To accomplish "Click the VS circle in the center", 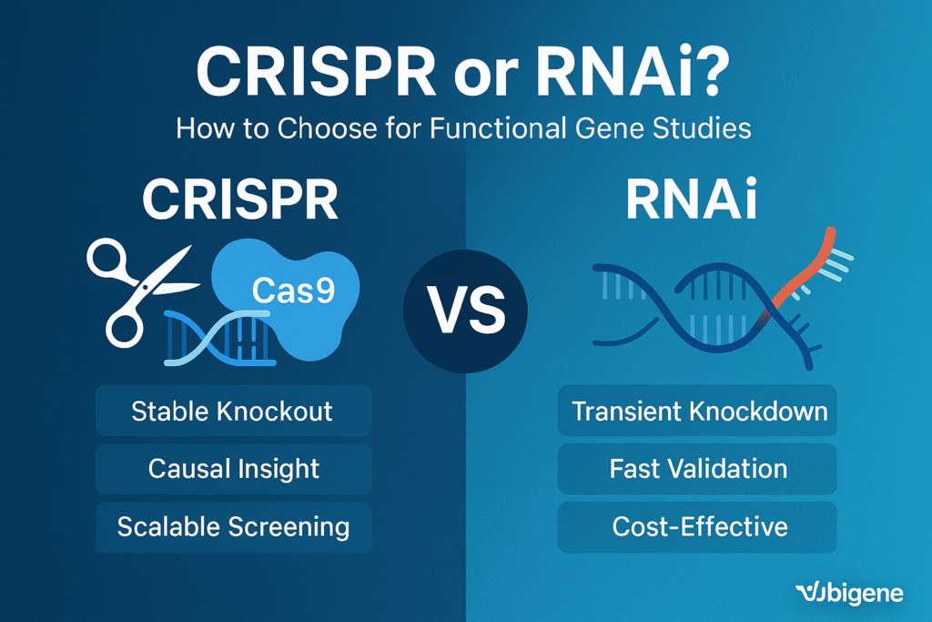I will coord(466,309).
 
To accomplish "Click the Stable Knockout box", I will coord(233,411).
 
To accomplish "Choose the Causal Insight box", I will coord(233,469).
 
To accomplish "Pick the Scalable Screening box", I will coord(233,526).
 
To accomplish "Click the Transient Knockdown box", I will coord(699,411).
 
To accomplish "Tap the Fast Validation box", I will coord(699,469).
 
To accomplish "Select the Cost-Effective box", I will coord(699,526).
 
